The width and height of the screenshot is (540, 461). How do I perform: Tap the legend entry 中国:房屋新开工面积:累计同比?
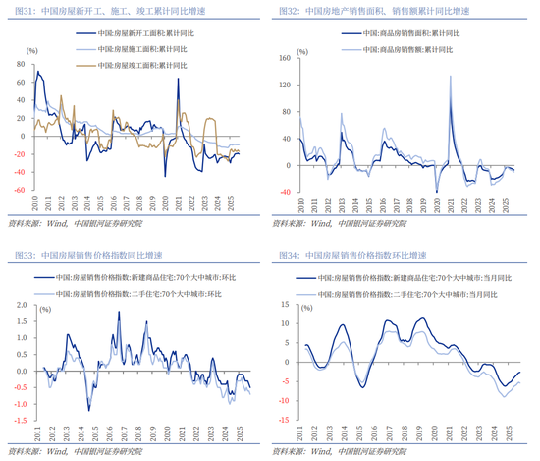coord(137,33)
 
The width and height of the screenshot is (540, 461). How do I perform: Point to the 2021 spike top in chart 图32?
coord(450,76)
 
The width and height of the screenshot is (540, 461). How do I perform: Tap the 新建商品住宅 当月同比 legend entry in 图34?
coord(404,278)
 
